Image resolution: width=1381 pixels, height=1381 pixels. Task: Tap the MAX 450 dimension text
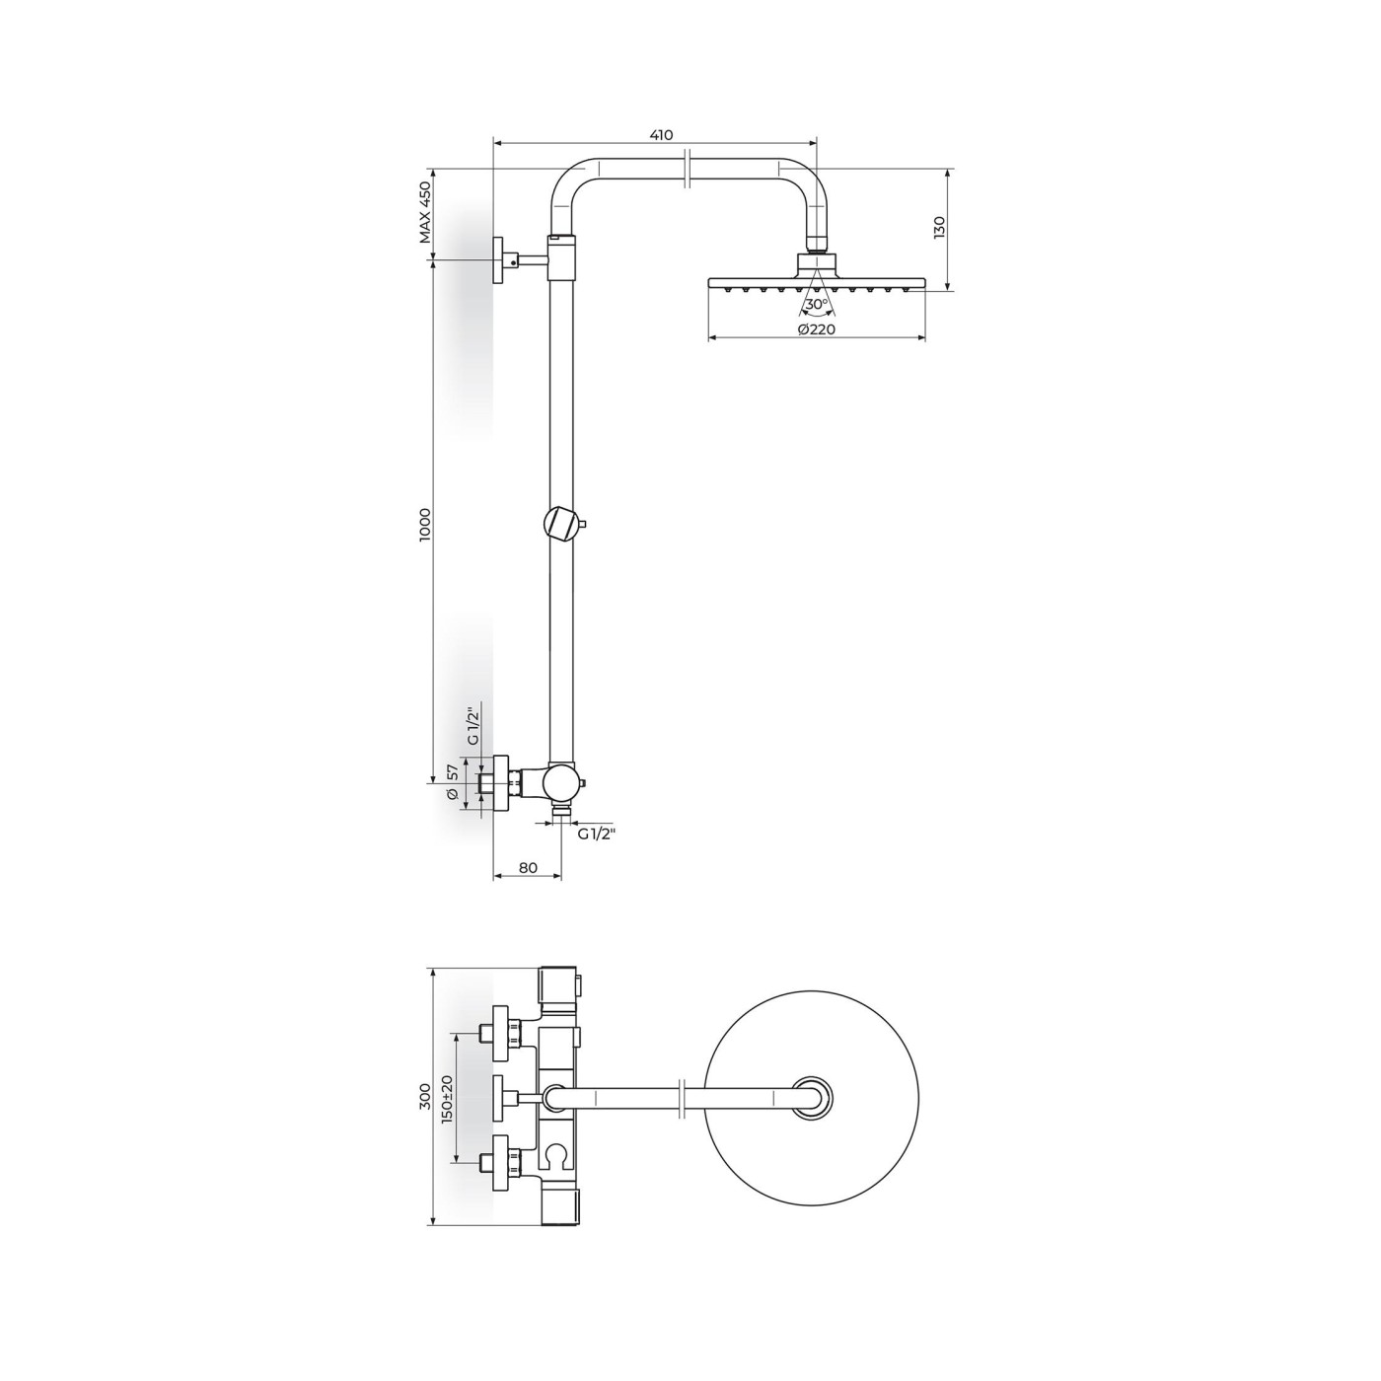coord(426,213)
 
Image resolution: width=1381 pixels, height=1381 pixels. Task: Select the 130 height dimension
coord(939,227)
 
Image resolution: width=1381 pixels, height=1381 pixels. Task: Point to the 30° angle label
coord(817,304)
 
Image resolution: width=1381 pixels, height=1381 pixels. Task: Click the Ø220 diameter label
coord(817,328)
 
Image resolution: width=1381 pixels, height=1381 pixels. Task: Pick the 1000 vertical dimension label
coord(426,526)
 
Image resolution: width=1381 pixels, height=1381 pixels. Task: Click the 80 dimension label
coord(528,868)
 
